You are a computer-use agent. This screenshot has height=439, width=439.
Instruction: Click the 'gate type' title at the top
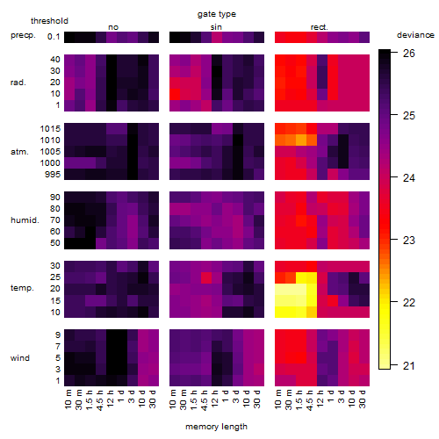tap(217, 14)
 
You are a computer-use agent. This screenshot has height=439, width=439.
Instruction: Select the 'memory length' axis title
tap(216, 427)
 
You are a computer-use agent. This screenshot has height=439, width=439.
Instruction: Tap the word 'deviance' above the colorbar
tap(415, 35)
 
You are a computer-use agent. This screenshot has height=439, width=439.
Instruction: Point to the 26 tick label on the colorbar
tap(409, 54)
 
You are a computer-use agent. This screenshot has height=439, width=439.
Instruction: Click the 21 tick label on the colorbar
tap(409, 366)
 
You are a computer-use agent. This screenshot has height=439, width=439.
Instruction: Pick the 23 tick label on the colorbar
tap(409, 241)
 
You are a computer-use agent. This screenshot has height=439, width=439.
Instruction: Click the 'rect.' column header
tap(320, 27)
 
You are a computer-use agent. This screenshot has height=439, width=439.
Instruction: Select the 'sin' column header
tap(216, 27)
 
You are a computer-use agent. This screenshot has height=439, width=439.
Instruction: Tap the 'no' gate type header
tap(113, 27)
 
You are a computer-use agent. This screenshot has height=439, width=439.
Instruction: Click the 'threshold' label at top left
tap(49, 21)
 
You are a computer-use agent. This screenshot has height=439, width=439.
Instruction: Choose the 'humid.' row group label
tap(25, 220)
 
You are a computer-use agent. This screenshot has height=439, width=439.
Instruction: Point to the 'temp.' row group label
tap(22, 288)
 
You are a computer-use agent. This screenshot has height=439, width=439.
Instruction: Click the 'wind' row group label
tap(20, 358)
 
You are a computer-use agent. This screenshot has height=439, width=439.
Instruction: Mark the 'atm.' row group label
tap(19, 152)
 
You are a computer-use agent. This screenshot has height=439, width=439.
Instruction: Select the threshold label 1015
tap(50, 129)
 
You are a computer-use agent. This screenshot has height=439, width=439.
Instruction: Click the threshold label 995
tap(53, 175)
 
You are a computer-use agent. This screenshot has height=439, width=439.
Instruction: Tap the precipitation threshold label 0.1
tap(54, 37)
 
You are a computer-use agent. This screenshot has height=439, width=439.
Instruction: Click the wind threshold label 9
tap(58, 335)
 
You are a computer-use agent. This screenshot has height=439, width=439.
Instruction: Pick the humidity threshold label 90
tap(55, 198)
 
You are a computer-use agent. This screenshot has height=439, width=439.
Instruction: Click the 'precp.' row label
tap(23, 35)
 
